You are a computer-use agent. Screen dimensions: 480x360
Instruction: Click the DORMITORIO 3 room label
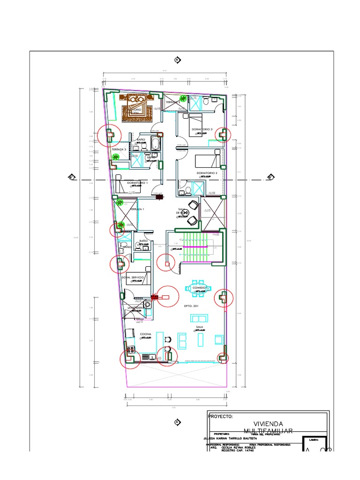point(202,129)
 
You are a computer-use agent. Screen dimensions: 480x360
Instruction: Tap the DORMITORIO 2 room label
point(207,173)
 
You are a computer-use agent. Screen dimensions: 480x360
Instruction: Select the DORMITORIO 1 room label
point(137,182)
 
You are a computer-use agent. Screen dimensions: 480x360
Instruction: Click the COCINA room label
point(145,334)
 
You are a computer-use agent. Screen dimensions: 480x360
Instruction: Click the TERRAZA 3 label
point(119,149)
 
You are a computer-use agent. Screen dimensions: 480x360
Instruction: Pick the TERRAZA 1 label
point(137,209)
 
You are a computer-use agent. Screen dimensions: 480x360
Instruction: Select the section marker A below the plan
point(177,422)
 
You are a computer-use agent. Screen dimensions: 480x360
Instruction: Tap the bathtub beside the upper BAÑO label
point(157,142)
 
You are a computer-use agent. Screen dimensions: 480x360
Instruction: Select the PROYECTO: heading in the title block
point(221,416)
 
